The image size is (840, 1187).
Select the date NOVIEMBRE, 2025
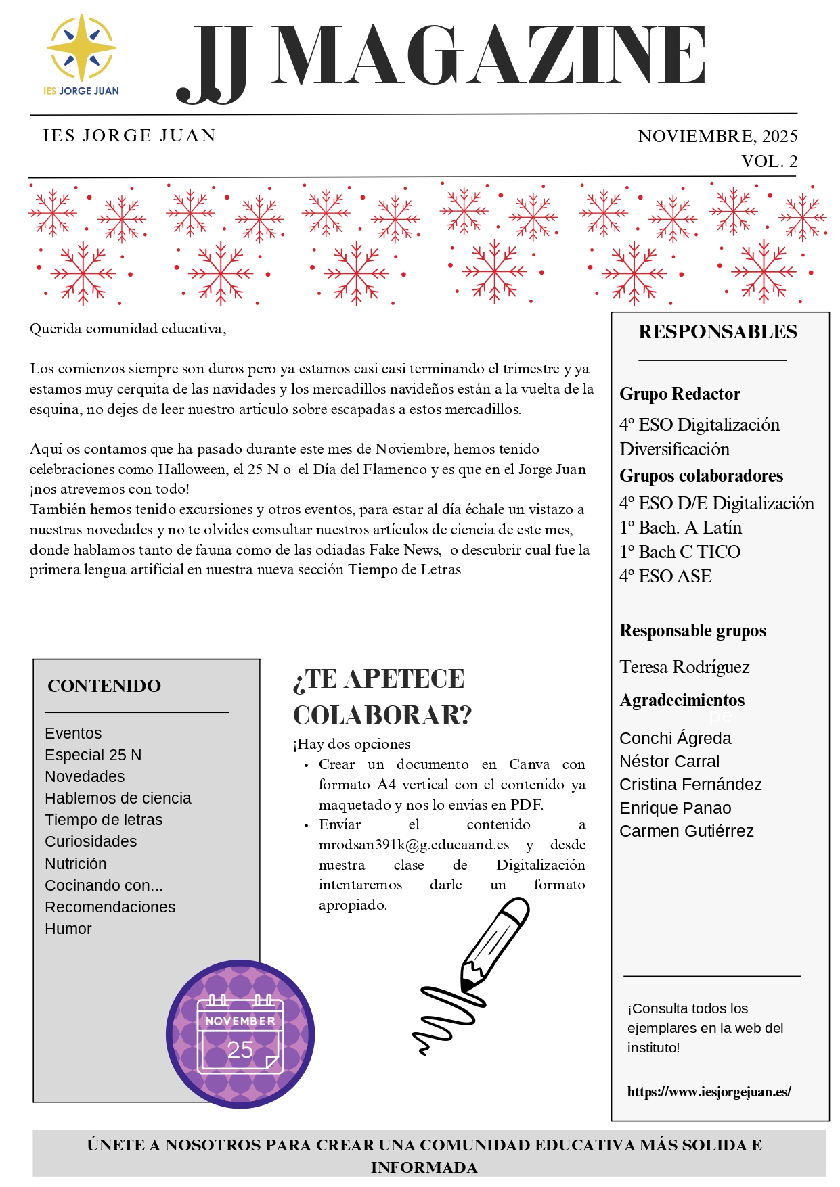(x=717, y=136)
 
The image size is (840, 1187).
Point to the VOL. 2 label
(x=769, y=161)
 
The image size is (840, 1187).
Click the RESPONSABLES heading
(x=717, y=332)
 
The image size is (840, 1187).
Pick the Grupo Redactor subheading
(x=680, y=394)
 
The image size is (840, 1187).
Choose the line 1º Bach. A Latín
(x=680, y=528)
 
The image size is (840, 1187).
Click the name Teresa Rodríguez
(x=684, y=667)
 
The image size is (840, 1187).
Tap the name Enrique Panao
(x=675, y=808)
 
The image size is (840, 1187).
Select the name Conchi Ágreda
(x=675, y=738)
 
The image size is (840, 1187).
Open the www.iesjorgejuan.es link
(x=709, y=1092)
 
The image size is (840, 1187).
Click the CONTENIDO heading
(x=104, y=686)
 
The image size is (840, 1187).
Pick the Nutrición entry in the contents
(x=76, y=864)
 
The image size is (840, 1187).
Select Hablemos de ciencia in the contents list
(x=118, y=798)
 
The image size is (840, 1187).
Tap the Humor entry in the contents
(x=68, y=929)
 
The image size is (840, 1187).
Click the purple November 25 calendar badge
(x=240, y=1034)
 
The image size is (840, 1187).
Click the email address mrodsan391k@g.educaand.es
(x=414, y=845)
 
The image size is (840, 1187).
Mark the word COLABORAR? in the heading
(x=382, y=715)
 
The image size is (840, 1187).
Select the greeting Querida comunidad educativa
(x=127, y=329)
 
